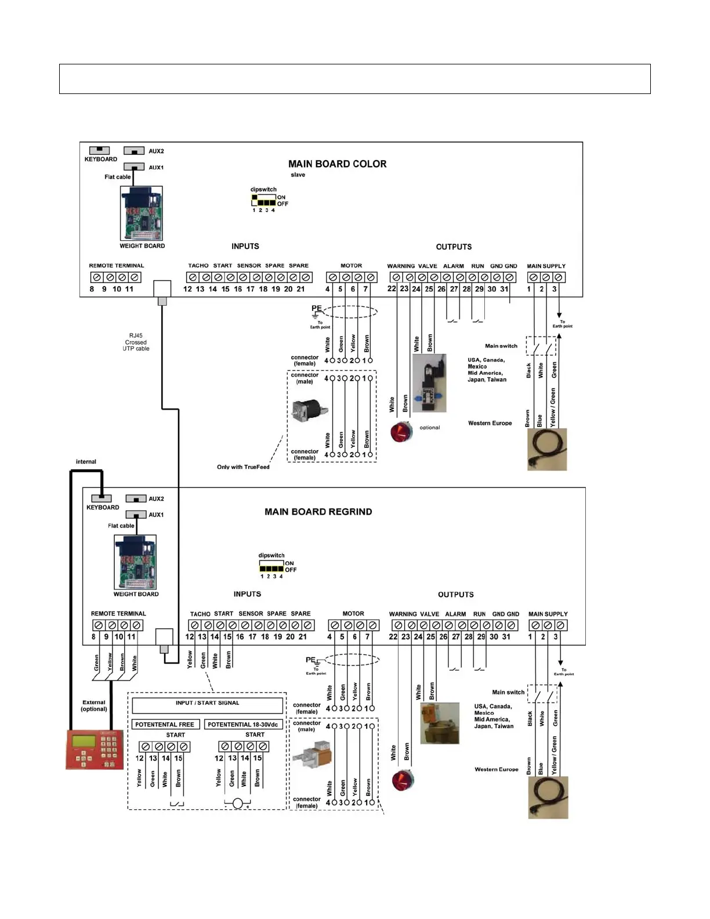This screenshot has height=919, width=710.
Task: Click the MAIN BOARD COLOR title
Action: [x=337, y=164]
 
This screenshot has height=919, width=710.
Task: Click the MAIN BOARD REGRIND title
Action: [x=318, y=512]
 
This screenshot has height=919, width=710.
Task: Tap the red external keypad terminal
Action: [x=95, y=749]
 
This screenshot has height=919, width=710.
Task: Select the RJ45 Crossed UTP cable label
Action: [x=136, y=342]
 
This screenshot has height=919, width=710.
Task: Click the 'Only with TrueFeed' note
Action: [x=243, y=467]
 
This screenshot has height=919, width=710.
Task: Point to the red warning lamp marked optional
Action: [x=400, y=432]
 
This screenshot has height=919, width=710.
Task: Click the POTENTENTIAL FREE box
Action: [x=165, y=725]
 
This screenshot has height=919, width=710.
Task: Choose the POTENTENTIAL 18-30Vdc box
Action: [x=243, y=725]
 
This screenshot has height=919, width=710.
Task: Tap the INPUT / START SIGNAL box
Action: [x=207, y=705]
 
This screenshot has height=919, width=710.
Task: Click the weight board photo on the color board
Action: [x=142, y=214]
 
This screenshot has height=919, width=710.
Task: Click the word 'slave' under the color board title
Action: [x=298, y=175]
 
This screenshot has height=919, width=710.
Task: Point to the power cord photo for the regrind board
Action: [x=548, y=798]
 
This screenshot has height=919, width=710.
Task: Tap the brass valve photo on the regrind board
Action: [x=439, y=723]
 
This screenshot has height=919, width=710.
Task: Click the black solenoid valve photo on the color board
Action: [x=430, y=383]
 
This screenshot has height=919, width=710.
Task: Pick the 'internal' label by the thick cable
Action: [x=86, y=462]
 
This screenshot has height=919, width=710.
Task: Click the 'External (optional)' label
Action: [x=94, y=705]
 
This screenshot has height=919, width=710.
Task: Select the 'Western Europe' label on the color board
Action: [x=490, y=424]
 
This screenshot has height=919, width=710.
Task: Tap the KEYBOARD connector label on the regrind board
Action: [x=103, y=508]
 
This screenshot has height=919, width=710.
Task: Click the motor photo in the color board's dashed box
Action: [x=310, y=411]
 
